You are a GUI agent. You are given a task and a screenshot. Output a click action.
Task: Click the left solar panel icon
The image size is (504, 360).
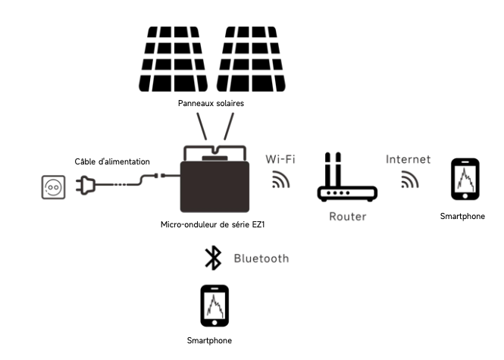coord(174,59)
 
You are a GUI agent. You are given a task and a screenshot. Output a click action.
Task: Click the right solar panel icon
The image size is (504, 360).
coord(251,59)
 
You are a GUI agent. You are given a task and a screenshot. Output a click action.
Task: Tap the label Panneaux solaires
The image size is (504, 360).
coord(211,103)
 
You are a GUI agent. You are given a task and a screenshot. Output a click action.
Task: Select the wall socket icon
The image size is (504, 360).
coord(53,187)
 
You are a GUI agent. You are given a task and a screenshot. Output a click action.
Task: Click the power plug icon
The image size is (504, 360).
coord(86,185)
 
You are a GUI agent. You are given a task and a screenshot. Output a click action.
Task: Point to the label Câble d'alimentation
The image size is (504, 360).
coord(112,161)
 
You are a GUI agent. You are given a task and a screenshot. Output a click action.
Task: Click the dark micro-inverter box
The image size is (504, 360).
coord(214,186)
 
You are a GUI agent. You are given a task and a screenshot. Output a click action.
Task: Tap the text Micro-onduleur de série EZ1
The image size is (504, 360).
coord(212,224)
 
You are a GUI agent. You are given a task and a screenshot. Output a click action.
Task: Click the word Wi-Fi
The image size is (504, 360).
coord(280,159)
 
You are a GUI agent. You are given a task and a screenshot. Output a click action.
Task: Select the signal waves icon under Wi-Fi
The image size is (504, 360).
coord(280,180)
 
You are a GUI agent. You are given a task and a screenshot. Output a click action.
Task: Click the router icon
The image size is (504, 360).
coord(347,177)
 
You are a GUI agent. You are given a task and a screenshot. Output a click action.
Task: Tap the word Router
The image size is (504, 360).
coord(348,216)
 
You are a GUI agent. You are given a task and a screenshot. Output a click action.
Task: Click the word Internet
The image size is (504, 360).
coord(409,159)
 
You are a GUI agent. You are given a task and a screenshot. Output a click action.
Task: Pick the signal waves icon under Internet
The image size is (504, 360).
coord(410,180)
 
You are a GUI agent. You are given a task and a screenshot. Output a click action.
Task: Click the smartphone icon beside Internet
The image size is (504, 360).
coord(465,179)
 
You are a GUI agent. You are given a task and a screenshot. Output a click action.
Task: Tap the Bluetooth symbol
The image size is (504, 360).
coord(213,258)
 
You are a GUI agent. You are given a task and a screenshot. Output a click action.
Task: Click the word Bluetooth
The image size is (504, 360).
coord(261,258)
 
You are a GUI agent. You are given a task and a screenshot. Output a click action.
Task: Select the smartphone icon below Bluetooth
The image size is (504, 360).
coord(214,305)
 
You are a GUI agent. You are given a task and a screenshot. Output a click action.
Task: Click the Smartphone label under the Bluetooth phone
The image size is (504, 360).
coord(209,340)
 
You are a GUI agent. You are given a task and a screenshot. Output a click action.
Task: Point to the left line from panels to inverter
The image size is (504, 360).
coord(202,127)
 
